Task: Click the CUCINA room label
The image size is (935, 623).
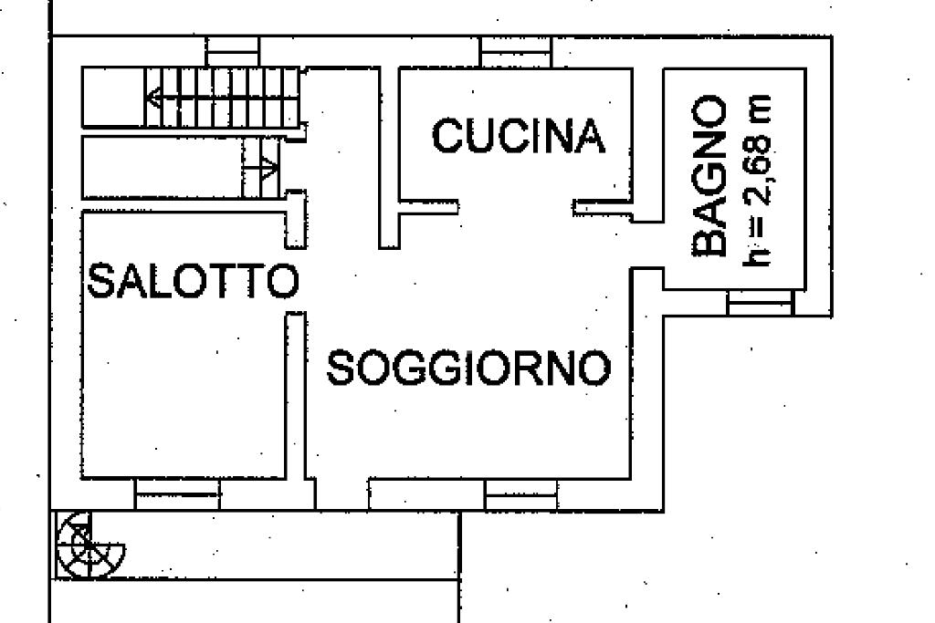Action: [x=518, y=137]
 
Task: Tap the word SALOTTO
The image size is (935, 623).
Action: [x=193, y=281]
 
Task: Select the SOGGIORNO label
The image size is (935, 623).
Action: [x=468, y=369]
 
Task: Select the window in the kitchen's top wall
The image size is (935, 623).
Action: [x=510, y=52]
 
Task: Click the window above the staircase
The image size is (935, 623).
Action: [x=233, y=51]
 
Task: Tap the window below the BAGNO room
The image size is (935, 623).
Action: [x=759, y=303]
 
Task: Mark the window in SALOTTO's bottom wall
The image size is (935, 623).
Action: [x=178, y=493]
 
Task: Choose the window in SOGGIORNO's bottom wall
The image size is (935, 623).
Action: [x=520, y=494]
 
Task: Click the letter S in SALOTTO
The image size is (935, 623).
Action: [x=100, y=281]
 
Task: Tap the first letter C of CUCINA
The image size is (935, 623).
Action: [x=447, y=137]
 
